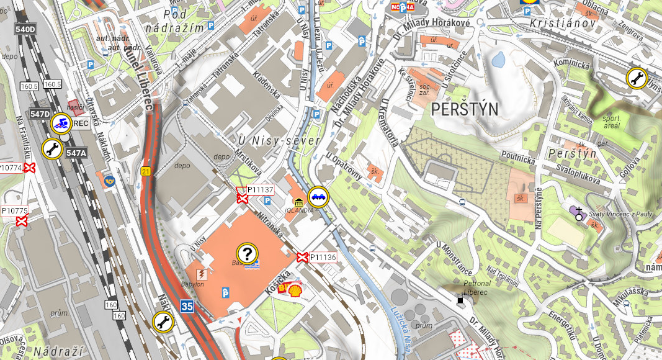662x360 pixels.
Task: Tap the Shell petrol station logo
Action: tap(295, 290)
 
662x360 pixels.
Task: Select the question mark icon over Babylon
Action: tap(247, 253)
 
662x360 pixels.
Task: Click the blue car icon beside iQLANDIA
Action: tap(318, 197)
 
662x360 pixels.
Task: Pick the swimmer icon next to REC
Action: tap(61, 124)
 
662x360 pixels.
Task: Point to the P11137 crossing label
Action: tap(260, 189)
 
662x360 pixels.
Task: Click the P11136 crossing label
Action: tap(323, 257)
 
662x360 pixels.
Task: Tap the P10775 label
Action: tap(15, 211)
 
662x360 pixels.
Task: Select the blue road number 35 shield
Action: tap(187, 305)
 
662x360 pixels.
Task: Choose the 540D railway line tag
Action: tap(25, 29)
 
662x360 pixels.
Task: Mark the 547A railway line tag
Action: tap(76, 153)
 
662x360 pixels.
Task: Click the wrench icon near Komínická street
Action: tap(636, 78)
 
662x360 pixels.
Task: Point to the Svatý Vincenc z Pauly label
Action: tap(621, 214)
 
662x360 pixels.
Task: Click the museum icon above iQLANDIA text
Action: tap(299, 202)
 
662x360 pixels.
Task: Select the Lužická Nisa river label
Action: tap(401, 325)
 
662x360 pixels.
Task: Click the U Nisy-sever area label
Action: tap(279, 141)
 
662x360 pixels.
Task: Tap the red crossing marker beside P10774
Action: tap(29, 168)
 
